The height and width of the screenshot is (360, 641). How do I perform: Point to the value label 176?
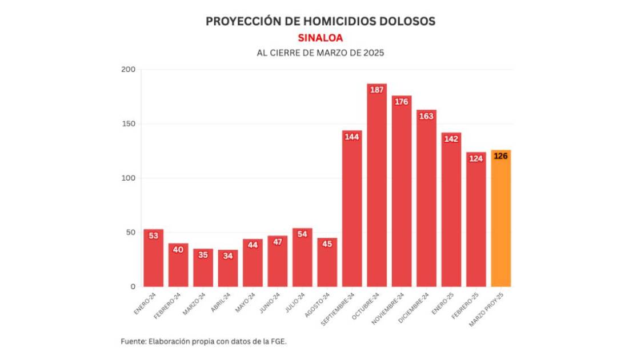coord(402,102)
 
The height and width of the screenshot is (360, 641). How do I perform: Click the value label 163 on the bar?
coord(426,116)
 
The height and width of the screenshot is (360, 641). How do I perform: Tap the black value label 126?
coord(500,156)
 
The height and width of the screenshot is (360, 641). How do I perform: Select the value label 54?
coord(302,234)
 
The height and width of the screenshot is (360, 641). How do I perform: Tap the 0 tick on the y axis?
coord(132,286)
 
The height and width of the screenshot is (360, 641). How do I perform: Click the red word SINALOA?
coord(320,38)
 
